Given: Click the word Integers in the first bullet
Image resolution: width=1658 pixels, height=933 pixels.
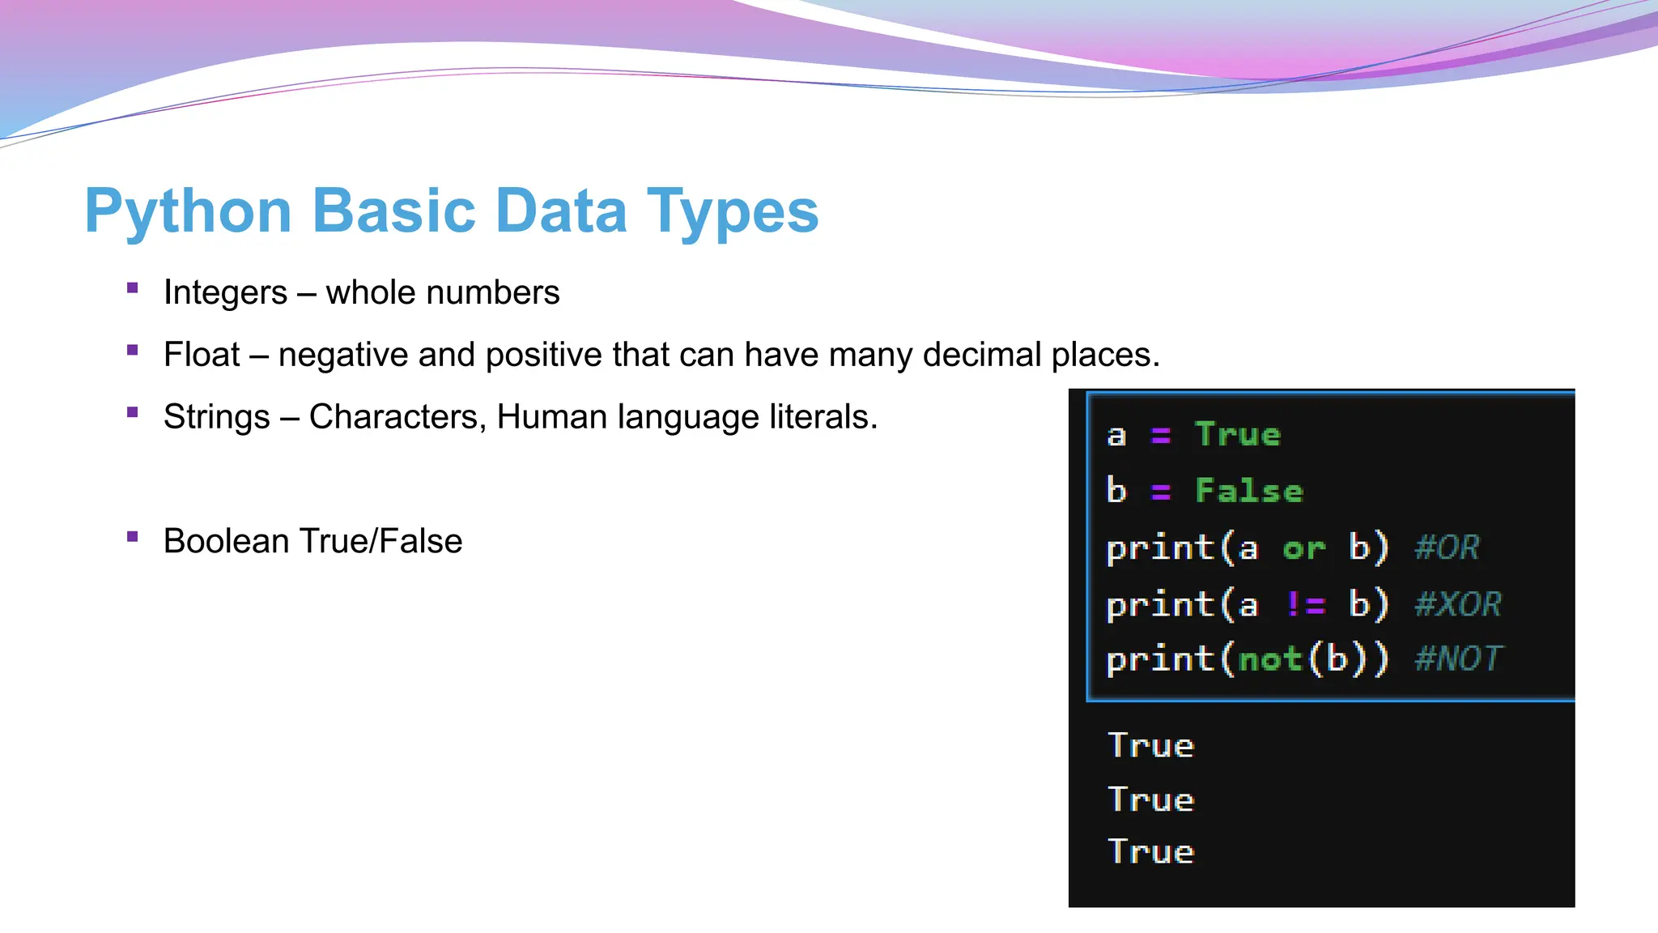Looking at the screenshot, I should pyautogui.click(x=225, y=293).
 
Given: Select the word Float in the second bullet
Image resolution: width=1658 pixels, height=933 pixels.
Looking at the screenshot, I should pyautogui.click(x=202, y=355).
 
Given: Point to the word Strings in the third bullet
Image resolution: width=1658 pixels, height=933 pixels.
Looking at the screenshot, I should pyautogui.click(x=216, y=417).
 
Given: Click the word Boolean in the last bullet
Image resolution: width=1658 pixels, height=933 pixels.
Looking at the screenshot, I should pyautogui.click(x=227, y=541).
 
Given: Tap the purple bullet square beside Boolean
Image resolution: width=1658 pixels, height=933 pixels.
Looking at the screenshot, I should pyautogui.click(x=133, y=536).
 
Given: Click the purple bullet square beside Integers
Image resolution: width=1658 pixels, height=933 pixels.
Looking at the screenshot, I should pyautogui.click(x=133, y=288).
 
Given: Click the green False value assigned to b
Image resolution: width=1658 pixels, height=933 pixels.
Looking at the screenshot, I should pyautogui.click(x=1249, y=491).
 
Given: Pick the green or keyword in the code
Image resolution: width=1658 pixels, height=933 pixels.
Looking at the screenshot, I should pyautogui.click(x=1303, y=548).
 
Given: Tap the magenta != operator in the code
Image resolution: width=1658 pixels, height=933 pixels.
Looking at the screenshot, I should pyautogui.click(x=1305, y=604).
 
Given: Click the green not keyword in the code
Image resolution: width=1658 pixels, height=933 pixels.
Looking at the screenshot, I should pyautogui.click(x=1270, y=659).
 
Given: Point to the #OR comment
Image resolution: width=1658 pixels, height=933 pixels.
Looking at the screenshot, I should pyautogui.click(x=1447, y=547).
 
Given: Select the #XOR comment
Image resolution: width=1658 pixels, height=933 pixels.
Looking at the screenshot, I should pyautogui.click(x=1457, y=604).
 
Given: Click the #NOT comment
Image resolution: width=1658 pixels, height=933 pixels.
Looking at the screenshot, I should pyautogui.click(x=1458, y=658).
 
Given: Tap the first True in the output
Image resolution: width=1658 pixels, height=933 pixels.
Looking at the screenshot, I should pyautogui.click(x=1150, y=745).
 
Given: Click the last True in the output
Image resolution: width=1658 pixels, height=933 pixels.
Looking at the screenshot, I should pyautogui.click(x=1150, y=852).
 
